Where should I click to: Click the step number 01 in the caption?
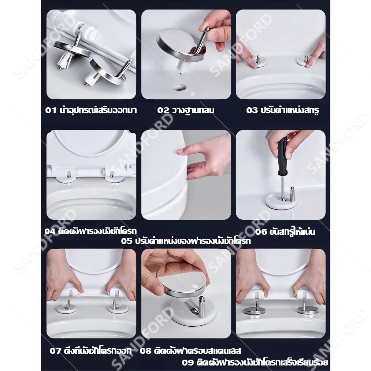[x=51, y=110]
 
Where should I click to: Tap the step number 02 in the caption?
[x=163, y=110]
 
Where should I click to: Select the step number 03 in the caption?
[x=252, y=110]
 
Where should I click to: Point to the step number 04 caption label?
[x=50, y=231]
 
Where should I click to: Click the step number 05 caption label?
[x=127, y=241]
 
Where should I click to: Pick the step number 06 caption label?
[x=261, y=231]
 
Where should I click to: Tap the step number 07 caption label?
[x=55, y=350]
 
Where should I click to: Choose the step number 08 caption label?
[x=145, y=350]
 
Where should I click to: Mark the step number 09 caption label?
[x=188, y=362]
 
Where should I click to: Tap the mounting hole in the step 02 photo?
[x=179, y=87]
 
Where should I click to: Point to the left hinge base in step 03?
[x=259, y=62]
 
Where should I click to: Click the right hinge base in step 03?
[x=306, y=60]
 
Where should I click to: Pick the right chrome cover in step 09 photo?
[x=308, y=309]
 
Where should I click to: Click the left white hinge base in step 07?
[x=66, y=308]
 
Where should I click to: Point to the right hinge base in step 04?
[x=114, y=179]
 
